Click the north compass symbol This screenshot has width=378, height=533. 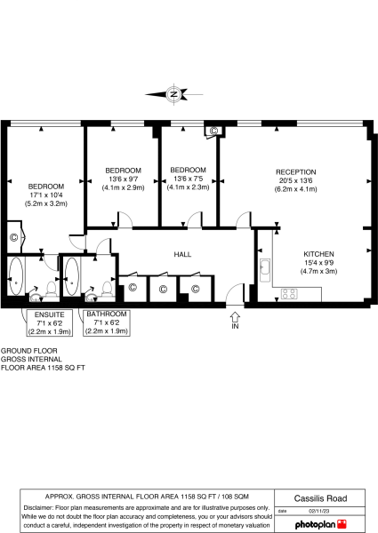(174, 93)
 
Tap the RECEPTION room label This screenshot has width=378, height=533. (295, 171)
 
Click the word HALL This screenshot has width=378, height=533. (183, 254)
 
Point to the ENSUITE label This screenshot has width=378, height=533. (50, 314)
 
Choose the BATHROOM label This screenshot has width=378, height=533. (106, 314)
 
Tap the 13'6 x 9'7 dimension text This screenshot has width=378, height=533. (123, 179)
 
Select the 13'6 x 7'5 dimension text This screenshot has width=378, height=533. (188, 179)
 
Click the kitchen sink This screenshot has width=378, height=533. (265, 266)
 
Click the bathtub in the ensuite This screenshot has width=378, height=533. (16, 278)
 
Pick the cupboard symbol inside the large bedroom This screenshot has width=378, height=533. (14, 237)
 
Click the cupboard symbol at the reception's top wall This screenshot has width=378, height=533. (212, 131)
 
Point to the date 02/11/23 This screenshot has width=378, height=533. (319, 511)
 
